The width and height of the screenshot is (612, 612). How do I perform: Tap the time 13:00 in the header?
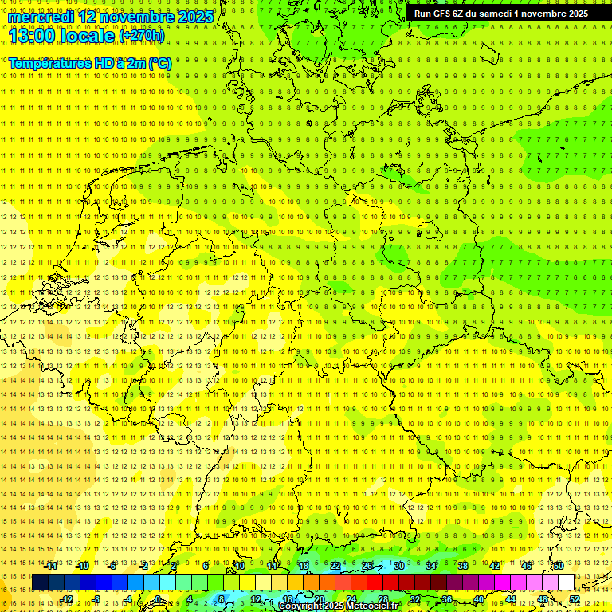[31, 35]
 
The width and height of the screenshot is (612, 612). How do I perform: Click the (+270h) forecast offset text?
[142, 35]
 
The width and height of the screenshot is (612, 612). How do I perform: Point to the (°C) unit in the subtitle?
[159, 63]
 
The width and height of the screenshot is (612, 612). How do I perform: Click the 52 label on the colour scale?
[575, 599]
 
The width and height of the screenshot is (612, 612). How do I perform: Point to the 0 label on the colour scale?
[158, 599]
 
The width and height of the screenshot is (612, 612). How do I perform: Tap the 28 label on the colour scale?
[382, 599]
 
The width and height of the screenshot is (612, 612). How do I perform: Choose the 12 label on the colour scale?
[255, 599]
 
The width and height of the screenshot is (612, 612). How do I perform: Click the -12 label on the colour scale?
[67, 599]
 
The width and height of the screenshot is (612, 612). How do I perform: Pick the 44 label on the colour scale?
[510, 599]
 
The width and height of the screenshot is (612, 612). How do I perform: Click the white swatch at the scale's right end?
[566, 583]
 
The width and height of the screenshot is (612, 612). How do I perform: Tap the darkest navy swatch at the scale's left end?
[40, 583]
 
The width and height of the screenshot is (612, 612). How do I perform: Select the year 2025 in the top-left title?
[194, 17]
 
